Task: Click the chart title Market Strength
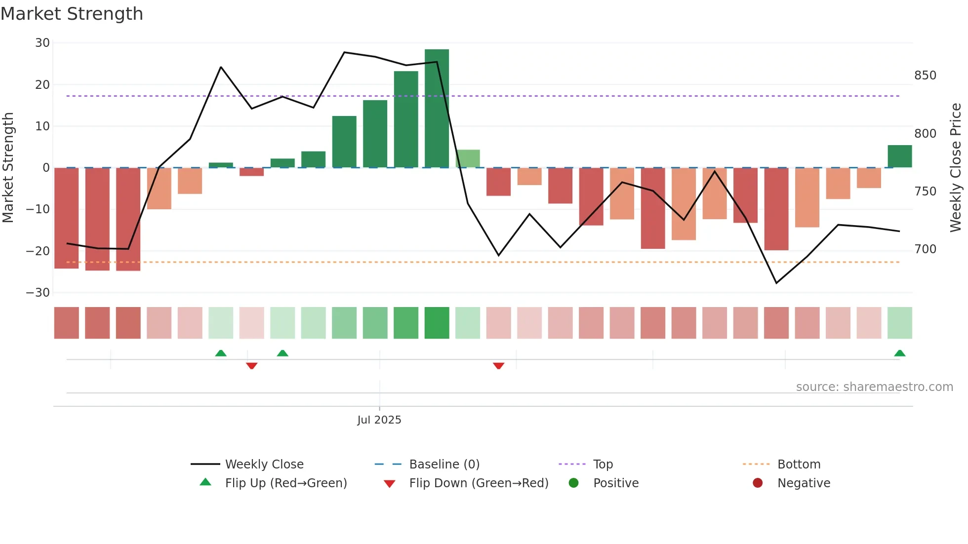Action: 72,14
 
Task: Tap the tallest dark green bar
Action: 437,109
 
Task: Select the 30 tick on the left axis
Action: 42,43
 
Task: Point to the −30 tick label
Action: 38,293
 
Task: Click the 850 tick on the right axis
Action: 925,76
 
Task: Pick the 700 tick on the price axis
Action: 925,249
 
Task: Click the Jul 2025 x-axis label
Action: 379,420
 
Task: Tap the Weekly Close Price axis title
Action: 956,168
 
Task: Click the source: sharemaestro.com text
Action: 874,387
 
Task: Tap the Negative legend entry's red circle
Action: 758,483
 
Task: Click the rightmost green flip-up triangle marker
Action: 899,353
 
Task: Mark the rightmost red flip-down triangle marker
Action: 498,366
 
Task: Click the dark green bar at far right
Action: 899,156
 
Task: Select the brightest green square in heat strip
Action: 437,323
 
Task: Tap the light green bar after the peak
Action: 468,158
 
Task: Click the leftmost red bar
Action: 67,218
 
